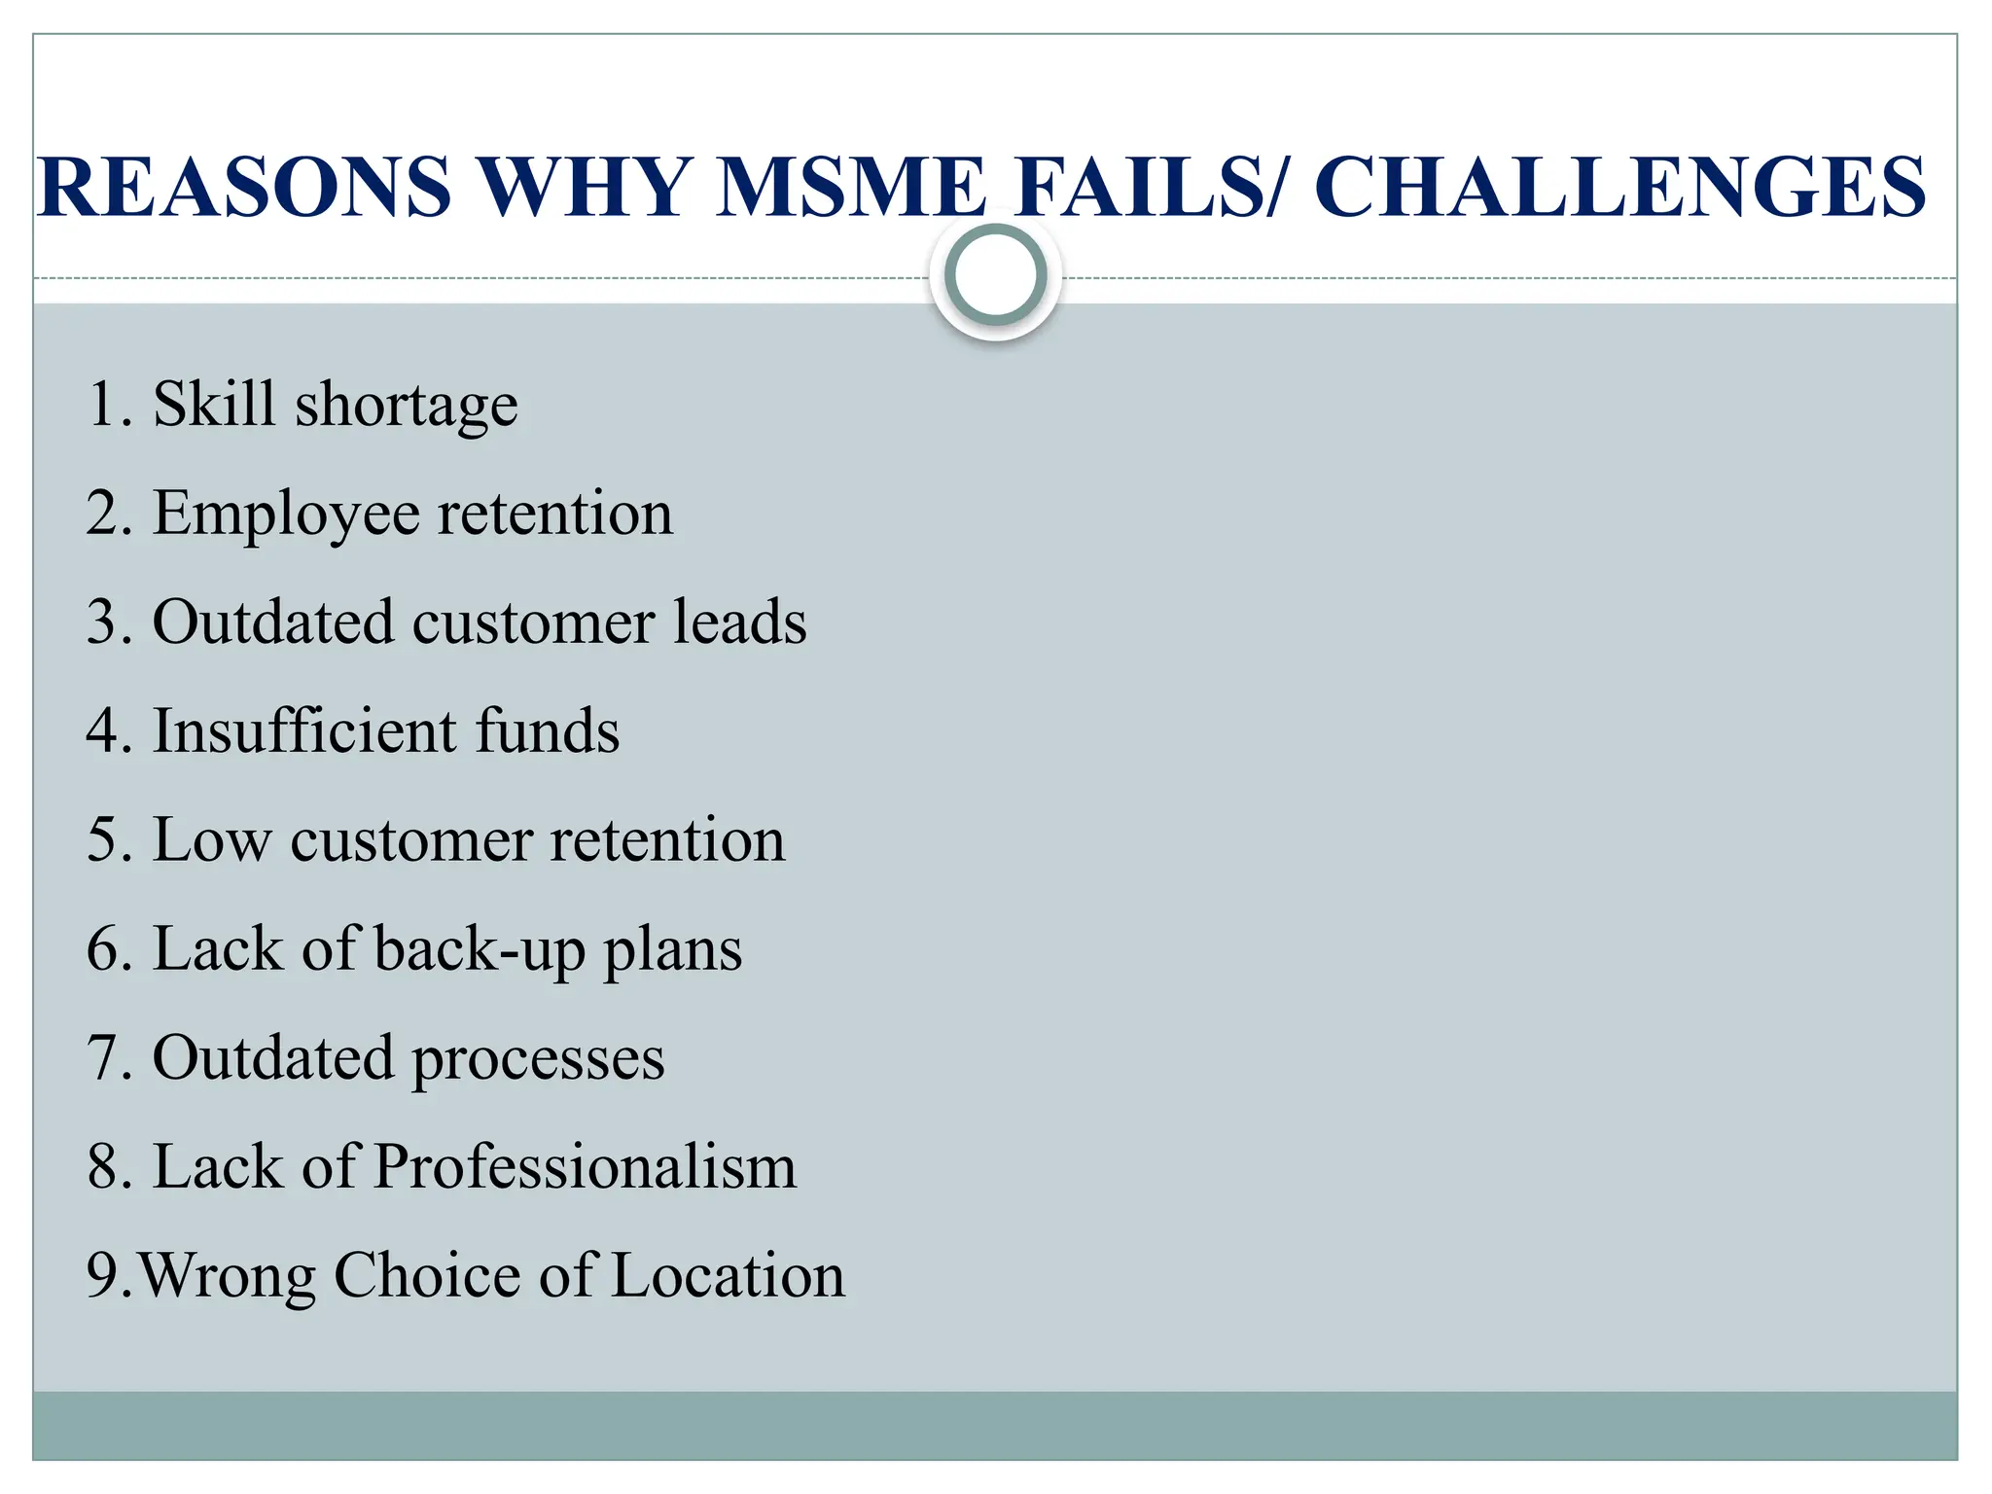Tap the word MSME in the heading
(851, 187)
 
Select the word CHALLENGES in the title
(1619, 187)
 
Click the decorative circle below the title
(995, 275)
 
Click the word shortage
(407, 406)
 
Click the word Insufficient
(304, 730)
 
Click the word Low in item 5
(212, 839)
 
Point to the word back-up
(480, 950)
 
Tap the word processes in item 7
(539, 1059)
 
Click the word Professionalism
(585, 1166)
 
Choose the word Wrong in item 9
(227, 1277)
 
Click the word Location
(729, 1275)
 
